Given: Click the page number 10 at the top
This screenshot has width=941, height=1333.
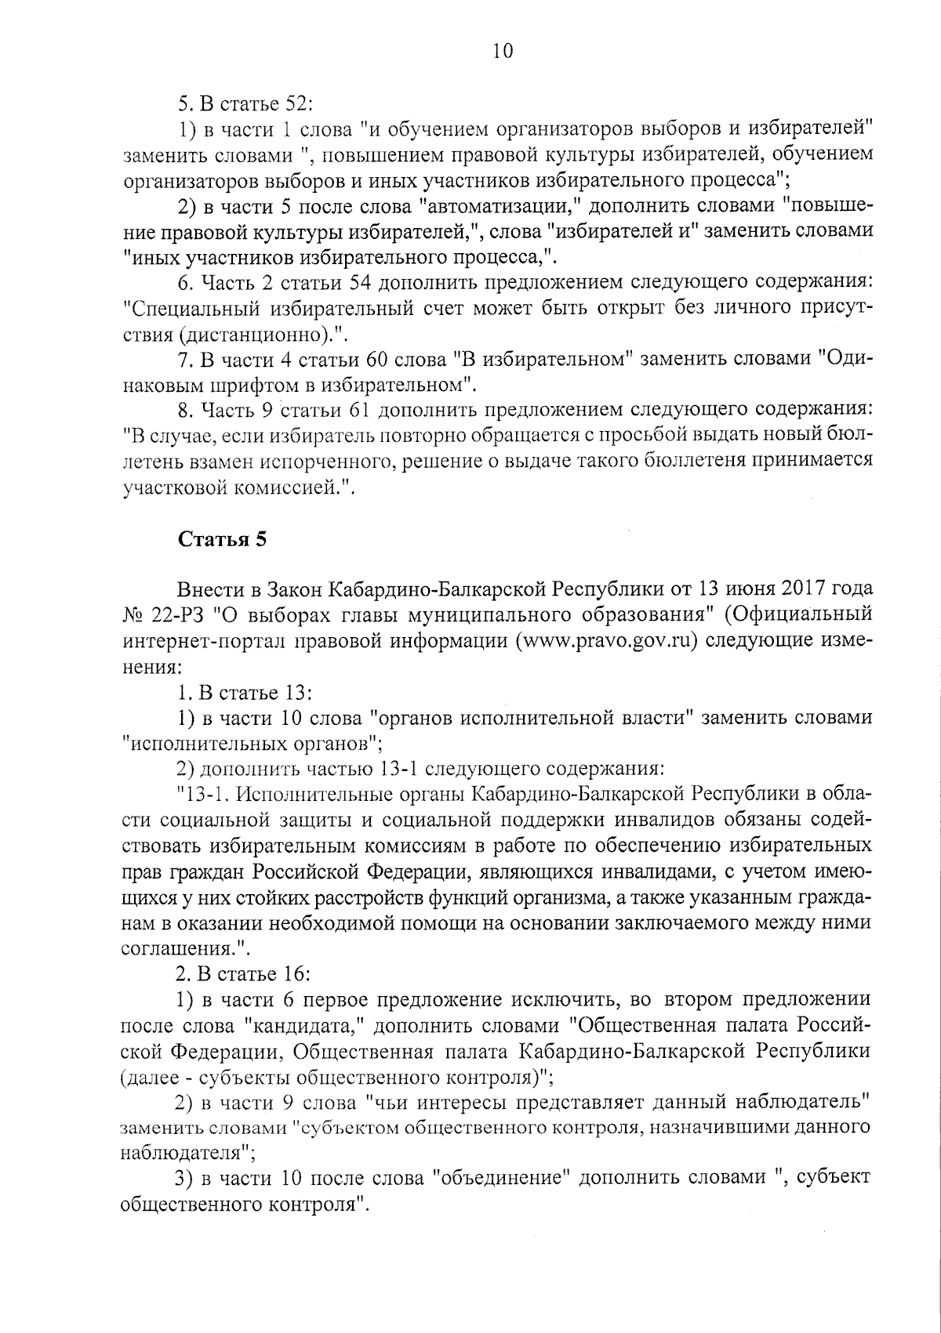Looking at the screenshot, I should [502, 52].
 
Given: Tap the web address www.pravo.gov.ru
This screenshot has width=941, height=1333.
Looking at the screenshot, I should [606, 640].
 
